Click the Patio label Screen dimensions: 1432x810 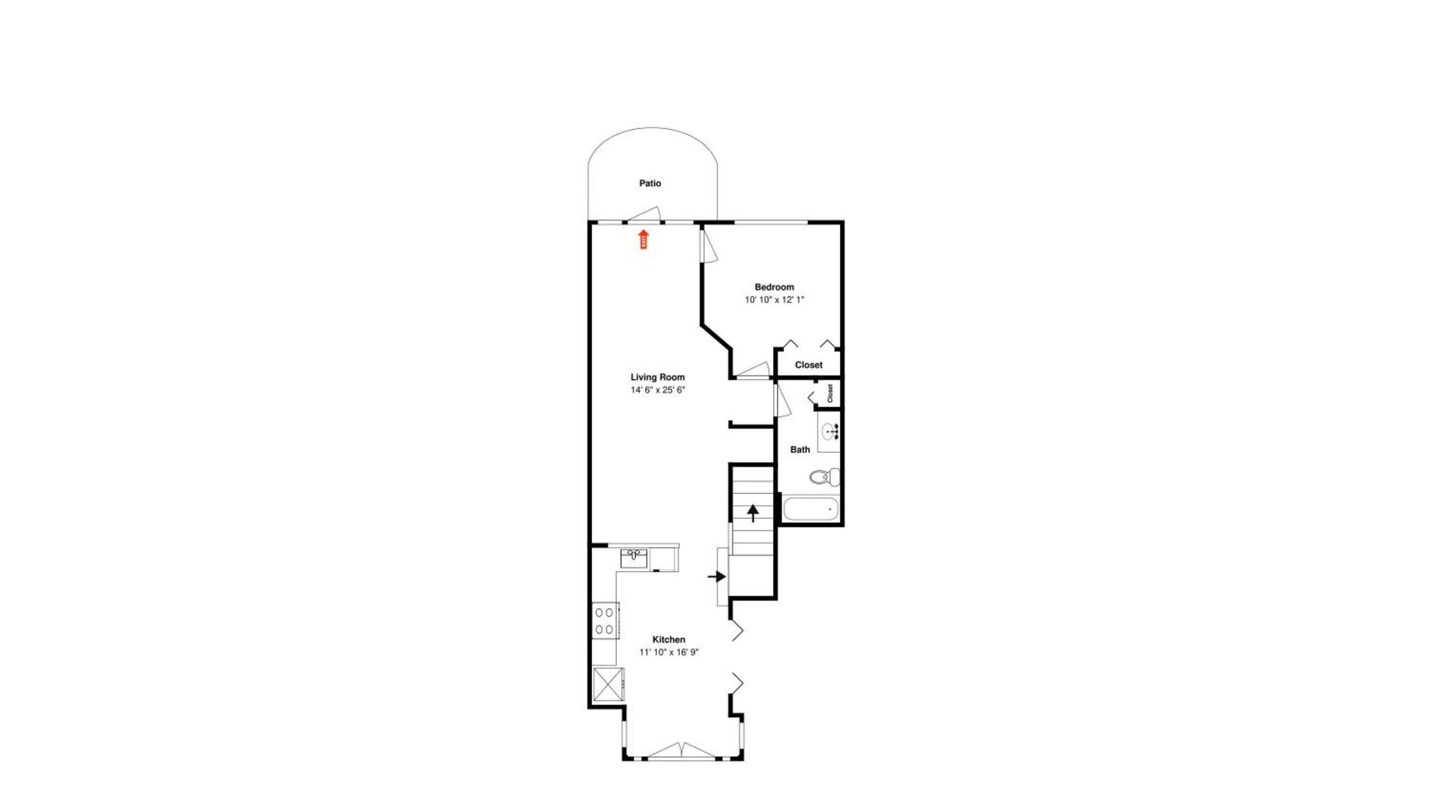(x=650, y=183)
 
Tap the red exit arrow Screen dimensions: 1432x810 (x=644, y=239)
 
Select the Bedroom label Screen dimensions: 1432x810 (x=774, y=287)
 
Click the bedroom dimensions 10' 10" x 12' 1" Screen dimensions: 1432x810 (x=774, y=300)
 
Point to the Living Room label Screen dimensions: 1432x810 (x=658, y=377)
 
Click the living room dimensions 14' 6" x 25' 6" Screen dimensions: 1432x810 (x=658, y=390)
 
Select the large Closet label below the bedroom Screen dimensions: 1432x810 (x=809, y=365)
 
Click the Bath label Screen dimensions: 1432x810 (x=800, y=449)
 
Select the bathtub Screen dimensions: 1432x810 (x=811, y=509)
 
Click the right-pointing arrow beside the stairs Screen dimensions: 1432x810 (x=716, y=576)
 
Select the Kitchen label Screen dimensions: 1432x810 (x=669, y=640)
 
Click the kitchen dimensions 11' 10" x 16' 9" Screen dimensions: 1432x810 (x=669, y=652)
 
